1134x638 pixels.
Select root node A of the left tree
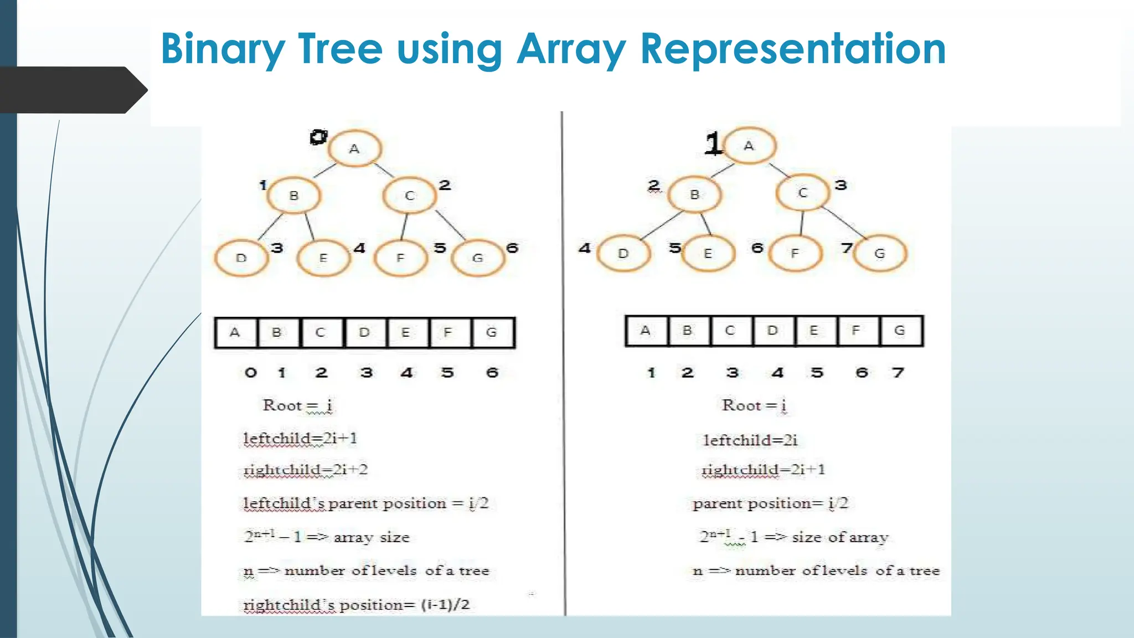coord(354,148)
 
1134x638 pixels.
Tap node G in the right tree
coord(879,253)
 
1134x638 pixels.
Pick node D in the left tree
coord(241,258)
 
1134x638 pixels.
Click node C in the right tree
coord(802,193)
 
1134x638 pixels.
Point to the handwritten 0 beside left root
coord(318,137)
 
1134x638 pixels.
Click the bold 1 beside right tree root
coord(713,143)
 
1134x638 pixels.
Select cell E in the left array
coord(406,332)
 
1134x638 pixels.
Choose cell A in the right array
coord(646,331)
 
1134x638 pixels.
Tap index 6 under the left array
coord(492,373)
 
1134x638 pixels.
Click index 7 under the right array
coord(898,373)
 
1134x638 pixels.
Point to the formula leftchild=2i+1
coord(300,439)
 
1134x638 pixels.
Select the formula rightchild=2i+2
coord(306,470)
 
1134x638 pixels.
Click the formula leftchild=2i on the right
coord(750,440)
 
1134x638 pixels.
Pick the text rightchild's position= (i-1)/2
coord(357,605)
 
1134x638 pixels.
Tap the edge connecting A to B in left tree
coord(325,170)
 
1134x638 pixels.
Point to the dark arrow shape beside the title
coord(72,90)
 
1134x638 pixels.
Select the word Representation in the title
coord(793,50)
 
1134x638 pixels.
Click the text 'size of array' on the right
coord(840,537)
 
